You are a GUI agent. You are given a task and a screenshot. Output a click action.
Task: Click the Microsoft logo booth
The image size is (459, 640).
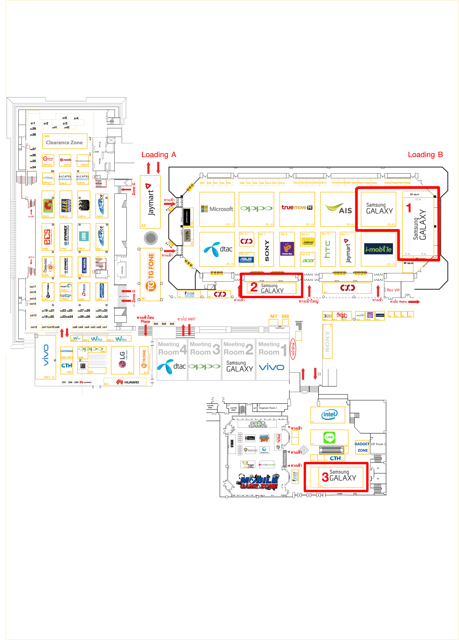[217, 209]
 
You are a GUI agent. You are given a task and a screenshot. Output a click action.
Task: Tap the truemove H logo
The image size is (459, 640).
[297, 207]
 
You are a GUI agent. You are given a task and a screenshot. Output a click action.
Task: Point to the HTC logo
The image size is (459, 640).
[327, 249]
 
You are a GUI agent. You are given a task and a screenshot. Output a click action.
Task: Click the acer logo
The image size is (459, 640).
[308, 260]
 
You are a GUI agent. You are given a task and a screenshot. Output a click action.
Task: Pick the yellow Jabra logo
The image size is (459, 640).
[308, 242]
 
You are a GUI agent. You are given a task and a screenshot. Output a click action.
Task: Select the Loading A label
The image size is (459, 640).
[159, 155]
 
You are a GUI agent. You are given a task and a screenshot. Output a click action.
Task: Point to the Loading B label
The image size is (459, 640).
[425, 155]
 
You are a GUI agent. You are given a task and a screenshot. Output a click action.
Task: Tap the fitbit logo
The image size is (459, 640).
[48, 178]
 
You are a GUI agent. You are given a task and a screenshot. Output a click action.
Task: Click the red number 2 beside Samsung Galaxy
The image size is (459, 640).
[254, 287]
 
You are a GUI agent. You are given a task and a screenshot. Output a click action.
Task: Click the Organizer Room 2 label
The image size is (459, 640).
[267, 408]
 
